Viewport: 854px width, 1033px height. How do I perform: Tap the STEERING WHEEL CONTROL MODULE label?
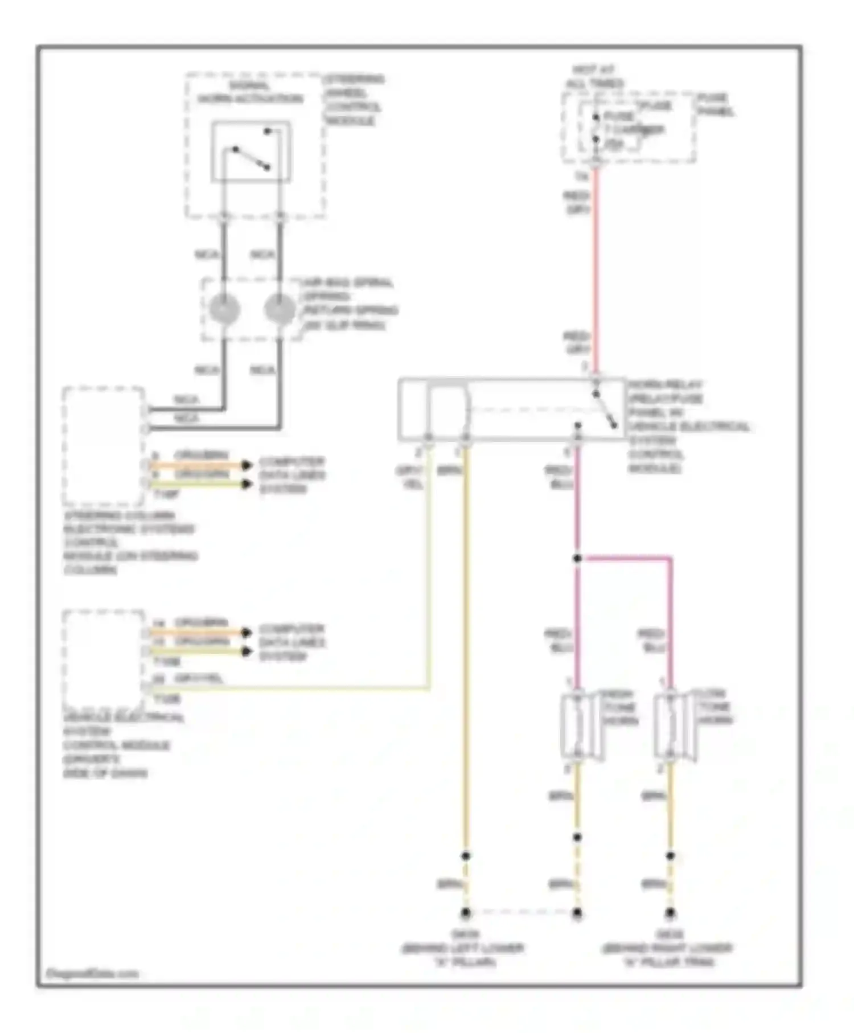(x=354, y=100)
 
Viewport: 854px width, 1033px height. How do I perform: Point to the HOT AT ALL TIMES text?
(x=594, y=77)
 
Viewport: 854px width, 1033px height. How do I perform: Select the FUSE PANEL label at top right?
(x=715, y=105)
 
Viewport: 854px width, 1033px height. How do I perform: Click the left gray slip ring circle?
(x=224, y=309)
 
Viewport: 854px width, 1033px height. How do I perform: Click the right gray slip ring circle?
(x=280, y=309)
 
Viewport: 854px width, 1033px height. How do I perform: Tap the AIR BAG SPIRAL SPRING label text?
(x=349, y=304)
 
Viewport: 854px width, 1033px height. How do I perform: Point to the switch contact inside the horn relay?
(x=605, y=409)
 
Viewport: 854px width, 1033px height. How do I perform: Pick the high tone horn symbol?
(x=580, y=725)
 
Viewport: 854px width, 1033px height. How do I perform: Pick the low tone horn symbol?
(x=673, y=725)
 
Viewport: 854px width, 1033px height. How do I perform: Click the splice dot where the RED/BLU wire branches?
(x=577, y=559)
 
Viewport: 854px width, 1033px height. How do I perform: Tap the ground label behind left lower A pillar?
(x=463, y=948)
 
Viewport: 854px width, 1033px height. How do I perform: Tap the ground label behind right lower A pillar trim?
(x=667, y=948)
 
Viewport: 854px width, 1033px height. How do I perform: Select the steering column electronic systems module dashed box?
(x=104, y=446)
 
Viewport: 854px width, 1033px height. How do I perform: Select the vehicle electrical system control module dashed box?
(x=104, y=659)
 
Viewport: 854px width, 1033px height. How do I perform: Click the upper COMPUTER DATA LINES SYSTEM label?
(x=291, y=475)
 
